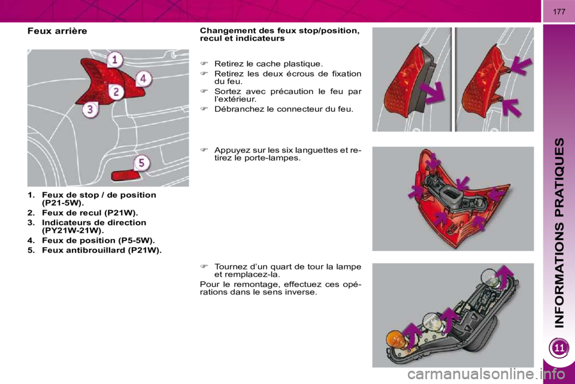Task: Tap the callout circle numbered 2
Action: (x=116, y=92)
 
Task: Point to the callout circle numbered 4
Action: (x=143, y=78)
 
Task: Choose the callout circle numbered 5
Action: (x=140, y=163)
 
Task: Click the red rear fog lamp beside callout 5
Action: (x=123, y=175)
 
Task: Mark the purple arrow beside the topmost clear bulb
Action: (x=507, y=277)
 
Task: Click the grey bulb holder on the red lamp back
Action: (x=450, y=194)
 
